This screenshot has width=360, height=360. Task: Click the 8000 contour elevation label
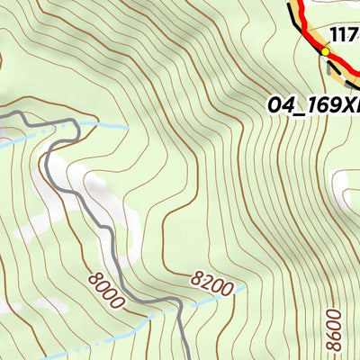(x=106, y=292)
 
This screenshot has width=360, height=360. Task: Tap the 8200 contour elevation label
(x=212, y=285)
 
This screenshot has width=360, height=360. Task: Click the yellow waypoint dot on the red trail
(x=325, y=52)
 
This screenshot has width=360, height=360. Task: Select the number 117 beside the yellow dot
(x=345, y=36)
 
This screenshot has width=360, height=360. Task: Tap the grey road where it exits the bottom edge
(x=186, y=356)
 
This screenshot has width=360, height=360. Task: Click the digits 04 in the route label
(x=279, y=105)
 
